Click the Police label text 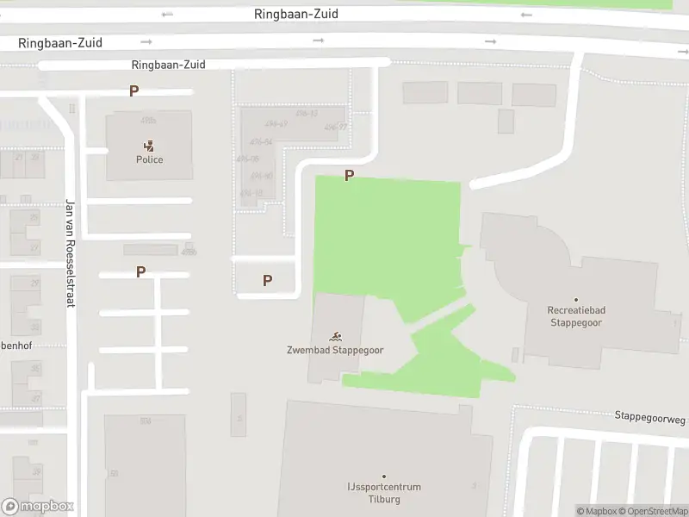click(149, 159)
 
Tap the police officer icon click(149, 146)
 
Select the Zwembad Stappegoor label click(335, 350)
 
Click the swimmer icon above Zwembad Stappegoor click(335, 336)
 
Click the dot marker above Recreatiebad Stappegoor click(576, 300)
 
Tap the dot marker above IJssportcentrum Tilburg click(384, 477)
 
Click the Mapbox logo click(38, 507)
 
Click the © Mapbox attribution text click(596, 511)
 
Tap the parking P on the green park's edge click(349, 175)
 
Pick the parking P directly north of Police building click(133, 90)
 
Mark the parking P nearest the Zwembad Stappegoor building click(267, 280)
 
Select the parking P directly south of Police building click(140, 271)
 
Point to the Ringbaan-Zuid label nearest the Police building click(169, 65)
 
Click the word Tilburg click(385, 499)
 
